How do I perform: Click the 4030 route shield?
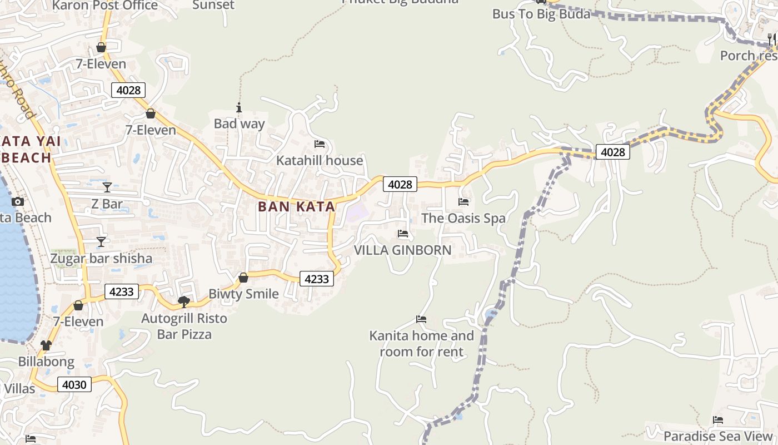(74, 384)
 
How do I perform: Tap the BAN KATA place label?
(296, 207)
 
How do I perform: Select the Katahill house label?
(320, 161)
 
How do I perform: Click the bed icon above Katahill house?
(320, 144)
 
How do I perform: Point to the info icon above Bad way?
(239, 107)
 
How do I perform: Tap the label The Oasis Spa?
(463, 218)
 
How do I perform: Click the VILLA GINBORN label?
(403, 250)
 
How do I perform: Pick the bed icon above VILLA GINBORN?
(403, 234)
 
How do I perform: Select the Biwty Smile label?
(243, 294)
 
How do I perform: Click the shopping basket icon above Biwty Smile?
(243, 277)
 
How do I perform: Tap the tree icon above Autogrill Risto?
(183, 301)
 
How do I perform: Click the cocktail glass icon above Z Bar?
(107, 187)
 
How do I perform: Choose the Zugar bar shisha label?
(101, 259)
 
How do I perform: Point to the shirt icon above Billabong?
(46, 345)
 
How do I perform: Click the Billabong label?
(46, 362)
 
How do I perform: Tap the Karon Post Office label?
(106, 6)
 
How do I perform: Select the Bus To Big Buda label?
(541, 14)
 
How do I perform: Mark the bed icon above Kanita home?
(421, 319)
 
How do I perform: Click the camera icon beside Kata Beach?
(18, 201)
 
